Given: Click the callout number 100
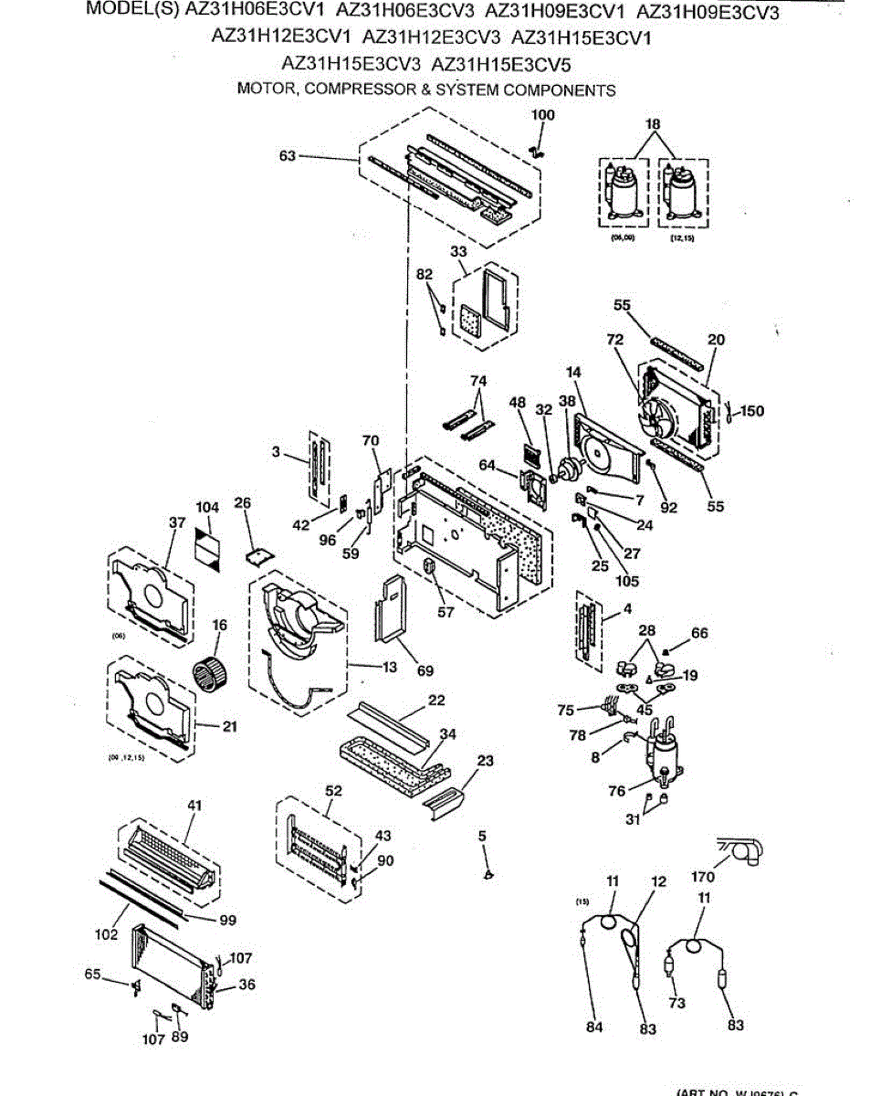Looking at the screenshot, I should point(543,115).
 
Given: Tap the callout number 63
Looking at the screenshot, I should point(288,156).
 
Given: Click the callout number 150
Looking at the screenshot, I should point(752,412).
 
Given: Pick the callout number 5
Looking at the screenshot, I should point(482,835).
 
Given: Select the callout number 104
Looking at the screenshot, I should point(208,508).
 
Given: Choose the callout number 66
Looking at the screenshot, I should point(699,632).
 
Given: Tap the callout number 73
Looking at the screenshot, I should point(676,1004).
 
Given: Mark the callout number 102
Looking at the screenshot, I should point(105,934).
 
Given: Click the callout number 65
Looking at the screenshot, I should point(92,974).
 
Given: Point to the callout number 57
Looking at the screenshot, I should point(445,612).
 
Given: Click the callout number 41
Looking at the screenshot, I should point(194,806).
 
